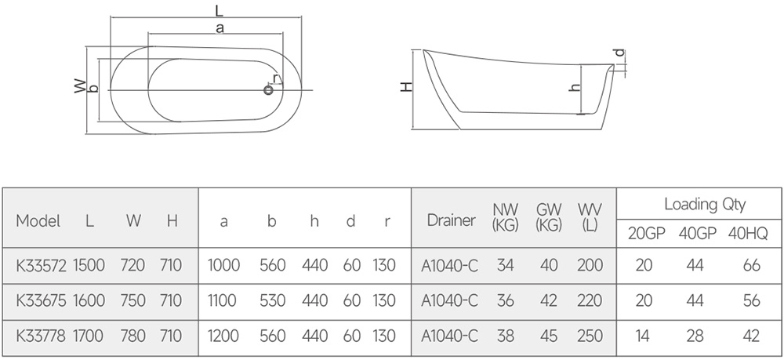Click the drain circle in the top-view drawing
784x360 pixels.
(268, 90)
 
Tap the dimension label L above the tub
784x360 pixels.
(219, 10)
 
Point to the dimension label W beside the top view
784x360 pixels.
(80, 86)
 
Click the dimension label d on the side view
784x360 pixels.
(619, 53)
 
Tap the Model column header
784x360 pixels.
(38, 220)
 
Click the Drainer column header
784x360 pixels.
(451, 220)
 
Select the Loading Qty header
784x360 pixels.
(705, 204)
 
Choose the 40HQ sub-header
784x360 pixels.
(748, 234)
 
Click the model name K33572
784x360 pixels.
(41, 265)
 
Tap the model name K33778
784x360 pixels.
(41, 336)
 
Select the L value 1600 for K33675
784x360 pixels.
(89, 300)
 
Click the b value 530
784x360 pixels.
(273, 300)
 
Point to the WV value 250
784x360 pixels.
(590, 336)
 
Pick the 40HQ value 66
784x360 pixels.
(752, 265)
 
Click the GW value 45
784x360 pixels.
(549, 336)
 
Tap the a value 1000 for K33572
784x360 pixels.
(223, 265)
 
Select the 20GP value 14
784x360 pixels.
(643, 336)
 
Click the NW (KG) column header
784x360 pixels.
(506, 217)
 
